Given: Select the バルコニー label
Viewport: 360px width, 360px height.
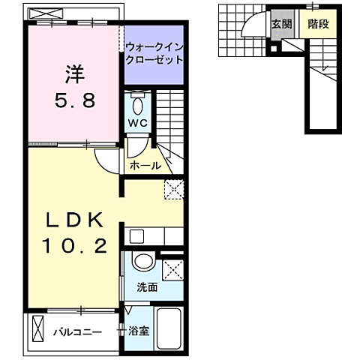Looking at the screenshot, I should point(77,331).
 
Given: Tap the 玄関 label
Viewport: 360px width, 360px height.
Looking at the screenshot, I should point(281,23).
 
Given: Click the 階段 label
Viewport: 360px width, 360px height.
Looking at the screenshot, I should point(318,23).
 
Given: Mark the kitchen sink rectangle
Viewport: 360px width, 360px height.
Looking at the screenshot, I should point(136,237).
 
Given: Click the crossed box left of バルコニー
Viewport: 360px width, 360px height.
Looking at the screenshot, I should point(39,328).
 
